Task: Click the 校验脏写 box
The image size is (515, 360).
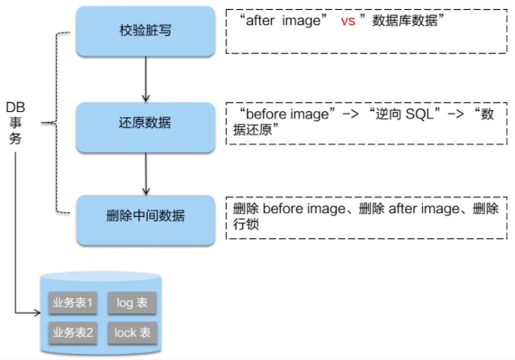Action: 146,31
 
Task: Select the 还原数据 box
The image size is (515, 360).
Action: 146,127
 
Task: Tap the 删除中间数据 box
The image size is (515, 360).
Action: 146,220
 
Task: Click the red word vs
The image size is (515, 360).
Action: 348,21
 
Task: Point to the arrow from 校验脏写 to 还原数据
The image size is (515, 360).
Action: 146,79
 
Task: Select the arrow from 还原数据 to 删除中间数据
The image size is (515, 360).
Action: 146,174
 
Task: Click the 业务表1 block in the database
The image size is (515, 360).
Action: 72,303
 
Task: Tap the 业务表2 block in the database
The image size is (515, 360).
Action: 72,333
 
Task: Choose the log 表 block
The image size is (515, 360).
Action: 132,303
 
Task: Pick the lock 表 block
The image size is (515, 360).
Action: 132,333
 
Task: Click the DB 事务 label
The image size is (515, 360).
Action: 15,123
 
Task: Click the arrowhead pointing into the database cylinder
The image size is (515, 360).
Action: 37,312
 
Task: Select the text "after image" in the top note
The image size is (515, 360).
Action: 283,21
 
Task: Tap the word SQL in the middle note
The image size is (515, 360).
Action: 420,114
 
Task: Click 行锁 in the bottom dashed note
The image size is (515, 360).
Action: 246,225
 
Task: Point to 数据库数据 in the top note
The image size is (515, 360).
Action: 405,21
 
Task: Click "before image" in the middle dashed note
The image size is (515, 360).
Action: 287,114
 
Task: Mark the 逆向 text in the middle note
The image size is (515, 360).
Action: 389,114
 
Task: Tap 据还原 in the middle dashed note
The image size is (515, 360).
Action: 253,130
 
